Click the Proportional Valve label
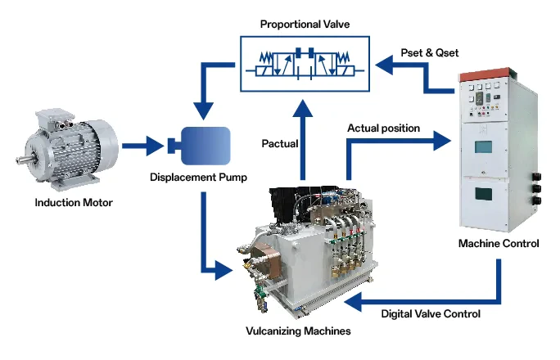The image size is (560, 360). (x=305, y=25)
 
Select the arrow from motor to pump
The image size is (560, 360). (x=143, y=147)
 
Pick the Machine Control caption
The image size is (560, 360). (x=499, y=244)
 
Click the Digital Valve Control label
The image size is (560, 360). (x=431, y=313)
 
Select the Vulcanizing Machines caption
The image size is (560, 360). (x=299, y=331)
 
